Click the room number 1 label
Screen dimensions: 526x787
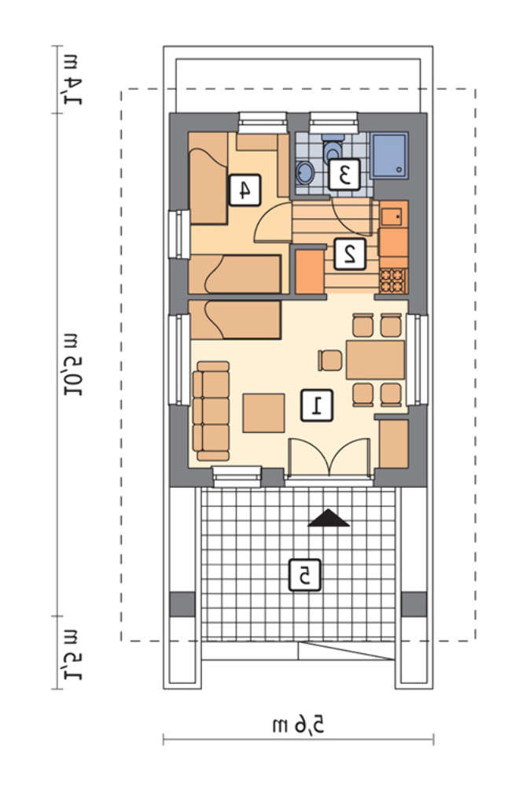pyautogui.click(x=317, y=405)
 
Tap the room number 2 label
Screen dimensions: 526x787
pyautogui.click(x=350, y=254)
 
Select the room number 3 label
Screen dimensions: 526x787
pyautogui.click(x=344, y=174)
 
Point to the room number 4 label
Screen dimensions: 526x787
pyautogui.click(x=245, y=190)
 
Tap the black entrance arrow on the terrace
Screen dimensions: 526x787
pyautogui.click(x=329, y=518)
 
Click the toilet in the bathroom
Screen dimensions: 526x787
pyautogui.click(x=332, y=146)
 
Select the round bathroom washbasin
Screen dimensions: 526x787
pyautogui.click(x=304, y=172)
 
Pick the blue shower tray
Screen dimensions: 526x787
pyautogui.click(x=390, y=155)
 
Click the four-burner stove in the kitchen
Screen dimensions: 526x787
pyautogui.click(x=393, y=281)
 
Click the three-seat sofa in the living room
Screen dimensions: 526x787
pyautogui.click(x=211, y=411)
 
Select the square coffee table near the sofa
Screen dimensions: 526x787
pyautogui.click(x=263, y=413)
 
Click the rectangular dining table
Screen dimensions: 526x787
pyautogui.click(x=375, y=360)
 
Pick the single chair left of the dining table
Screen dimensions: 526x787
pyautogui.click(x=330, y=360)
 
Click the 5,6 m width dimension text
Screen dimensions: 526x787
pyautogui.click(x=298, y=725)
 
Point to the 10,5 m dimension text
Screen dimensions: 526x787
pyautogui.click(x=73, y=364)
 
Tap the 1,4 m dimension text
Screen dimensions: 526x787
pyautogui.click(x=73, y=78)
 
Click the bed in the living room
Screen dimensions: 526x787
pyautogui.click(x=234, y=320)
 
